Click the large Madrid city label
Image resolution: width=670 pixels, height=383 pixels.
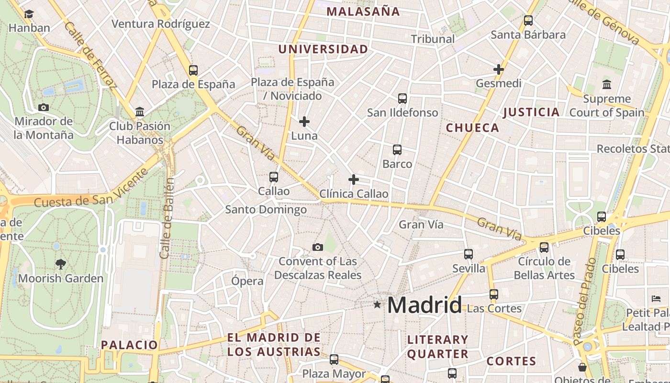[x=424, y=305]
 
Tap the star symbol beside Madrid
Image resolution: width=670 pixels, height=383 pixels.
[x=377, y=304]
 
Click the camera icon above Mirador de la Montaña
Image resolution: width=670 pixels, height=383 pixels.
[x=44, y=107]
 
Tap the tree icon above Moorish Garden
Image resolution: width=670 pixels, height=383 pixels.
[x=60, y=264]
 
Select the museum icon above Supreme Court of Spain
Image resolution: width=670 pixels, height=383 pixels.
[x=607, y=84]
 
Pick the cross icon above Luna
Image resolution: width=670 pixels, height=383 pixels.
[x=304, y=122]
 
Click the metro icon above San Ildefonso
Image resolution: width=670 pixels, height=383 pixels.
[x=402, y=99]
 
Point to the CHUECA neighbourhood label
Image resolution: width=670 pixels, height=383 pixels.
[x=472, y=128]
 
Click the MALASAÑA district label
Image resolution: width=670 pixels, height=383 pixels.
[x=363, y=12]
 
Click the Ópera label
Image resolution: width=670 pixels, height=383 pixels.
[x=247, y=281]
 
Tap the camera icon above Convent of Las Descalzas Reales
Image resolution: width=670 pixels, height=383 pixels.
[x=317, y=247]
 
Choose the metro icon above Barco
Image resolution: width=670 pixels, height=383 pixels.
[x=397, y=150]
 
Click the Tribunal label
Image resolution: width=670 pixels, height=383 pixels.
[x=433, y=39]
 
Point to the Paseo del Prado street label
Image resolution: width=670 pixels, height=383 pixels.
[x=584, y=302]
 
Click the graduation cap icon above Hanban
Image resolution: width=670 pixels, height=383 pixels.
[x=29, y=14]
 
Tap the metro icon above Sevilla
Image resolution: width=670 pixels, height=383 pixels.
[x=469, y=254]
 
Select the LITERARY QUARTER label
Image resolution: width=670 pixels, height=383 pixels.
[x=437, y=347]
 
